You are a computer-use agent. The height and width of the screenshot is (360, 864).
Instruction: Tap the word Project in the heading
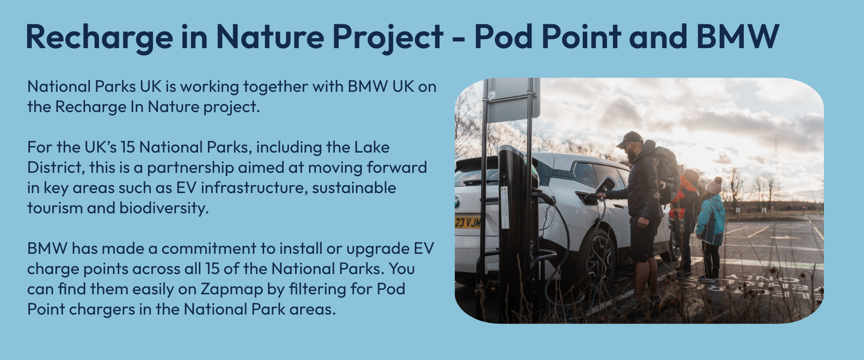pyautogui.click(x=387, y=37)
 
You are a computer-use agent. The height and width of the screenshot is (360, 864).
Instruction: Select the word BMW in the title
pyautogui.click(x=738, y=37)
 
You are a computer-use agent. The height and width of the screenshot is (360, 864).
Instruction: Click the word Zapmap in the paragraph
pyautogui.click(x=231, y=289)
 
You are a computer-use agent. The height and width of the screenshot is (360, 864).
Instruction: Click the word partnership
pyautogui.click(x=190, y=167)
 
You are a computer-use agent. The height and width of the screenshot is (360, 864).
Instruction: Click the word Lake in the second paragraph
pyautogui.click(x=372, y=147)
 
